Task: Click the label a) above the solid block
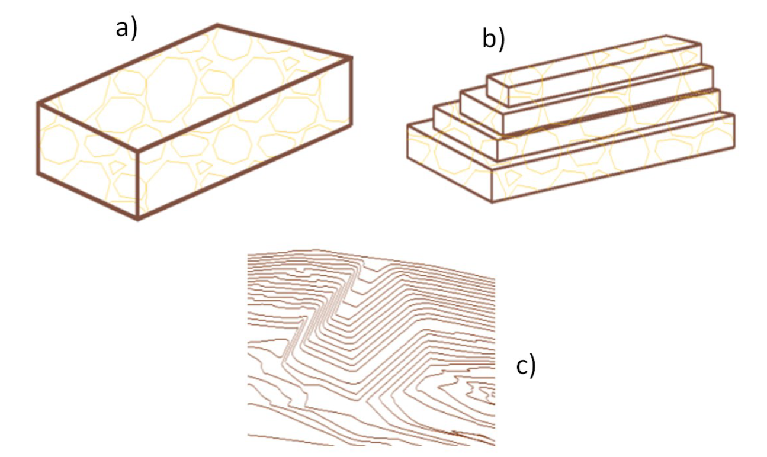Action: point(126,28)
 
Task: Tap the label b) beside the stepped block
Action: point(493,38)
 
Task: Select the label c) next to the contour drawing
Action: point(525,366)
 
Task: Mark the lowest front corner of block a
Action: point(138,220)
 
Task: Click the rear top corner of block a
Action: point(217,25)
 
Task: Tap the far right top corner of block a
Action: point(352,57)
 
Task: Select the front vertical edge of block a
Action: point(138,184)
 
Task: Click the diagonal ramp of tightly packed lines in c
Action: point(320,314)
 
